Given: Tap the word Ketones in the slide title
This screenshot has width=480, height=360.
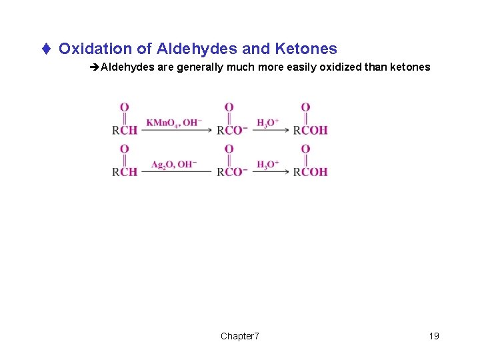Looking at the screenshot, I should coord(305,49).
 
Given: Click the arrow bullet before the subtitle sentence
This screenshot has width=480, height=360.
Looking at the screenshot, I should coord(95,67).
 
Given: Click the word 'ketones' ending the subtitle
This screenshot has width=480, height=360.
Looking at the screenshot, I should coord(409,67).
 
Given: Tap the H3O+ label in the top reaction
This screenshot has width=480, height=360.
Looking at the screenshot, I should coord(267,122).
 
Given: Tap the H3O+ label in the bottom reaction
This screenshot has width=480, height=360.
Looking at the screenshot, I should coord(267,164).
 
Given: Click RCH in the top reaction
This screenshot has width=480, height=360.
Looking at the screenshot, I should coord(125,130).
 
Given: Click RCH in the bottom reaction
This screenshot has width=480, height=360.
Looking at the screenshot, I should coord(125,172).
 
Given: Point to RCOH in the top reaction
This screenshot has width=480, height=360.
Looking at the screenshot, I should coord(310,130).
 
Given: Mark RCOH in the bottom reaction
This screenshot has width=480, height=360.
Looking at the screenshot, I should coord(310,172).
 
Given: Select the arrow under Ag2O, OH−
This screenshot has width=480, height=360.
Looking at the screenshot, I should coord(176,173).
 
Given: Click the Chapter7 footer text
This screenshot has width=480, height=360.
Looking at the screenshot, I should coord(240,336).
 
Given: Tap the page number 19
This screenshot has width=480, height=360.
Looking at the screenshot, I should coord(434,336).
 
